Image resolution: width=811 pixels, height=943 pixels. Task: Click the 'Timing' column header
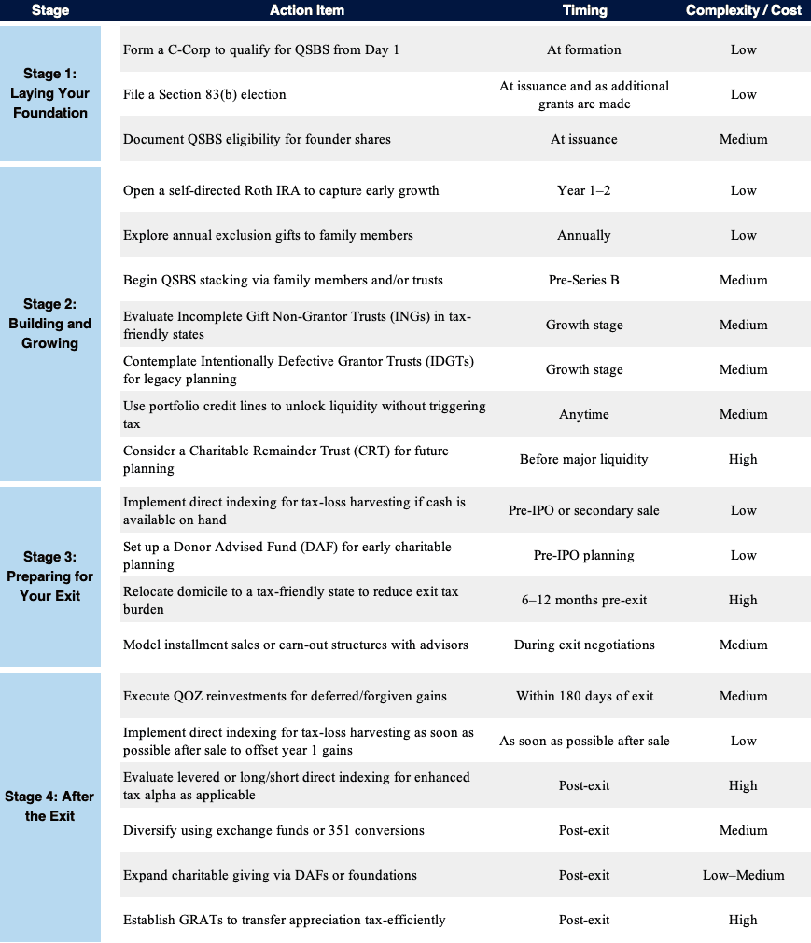584,10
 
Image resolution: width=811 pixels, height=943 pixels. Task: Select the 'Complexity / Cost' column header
743,10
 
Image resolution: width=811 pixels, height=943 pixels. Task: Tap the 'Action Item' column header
307,10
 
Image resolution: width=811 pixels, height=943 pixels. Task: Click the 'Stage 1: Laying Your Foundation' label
50,93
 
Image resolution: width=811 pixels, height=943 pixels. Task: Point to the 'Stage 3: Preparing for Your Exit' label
50,576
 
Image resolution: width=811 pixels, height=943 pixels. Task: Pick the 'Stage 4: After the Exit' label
50,806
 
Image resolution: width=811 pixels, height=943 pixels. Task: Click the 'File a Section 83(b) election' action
204,94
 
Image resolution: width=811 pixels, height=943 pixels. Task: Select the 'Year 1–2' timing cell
584,190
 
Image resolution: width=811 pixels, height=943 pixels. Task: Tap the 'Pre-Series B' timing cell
584,280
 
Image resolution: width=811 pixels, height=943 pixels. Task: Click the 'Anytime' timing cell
584,414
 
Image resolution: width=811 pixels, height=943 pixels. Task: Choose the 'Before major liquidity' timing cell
584,459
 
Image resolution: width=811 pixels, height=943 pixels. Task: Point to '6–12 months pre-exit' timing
584,600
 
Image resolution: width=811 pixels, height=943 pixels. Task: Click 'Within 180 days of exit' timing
584,696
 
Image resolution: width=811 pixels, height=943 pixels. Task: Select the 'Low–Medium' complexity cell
743,875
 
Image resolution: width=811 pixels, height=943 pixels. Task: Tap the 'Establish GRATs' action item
284,920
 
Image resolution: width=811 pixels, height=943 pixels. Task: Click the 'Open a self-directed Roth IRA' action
281,190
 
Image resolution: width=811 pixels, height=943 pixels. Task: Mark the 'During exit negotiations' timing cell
584,645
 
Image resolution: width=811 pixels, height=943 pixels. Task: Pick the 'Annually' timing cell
584,235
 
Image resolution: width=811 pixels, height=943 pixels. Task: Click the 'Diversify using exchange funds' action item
273,830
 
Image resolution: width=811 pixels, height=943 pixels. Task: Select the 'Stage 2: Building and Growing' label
50,324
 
